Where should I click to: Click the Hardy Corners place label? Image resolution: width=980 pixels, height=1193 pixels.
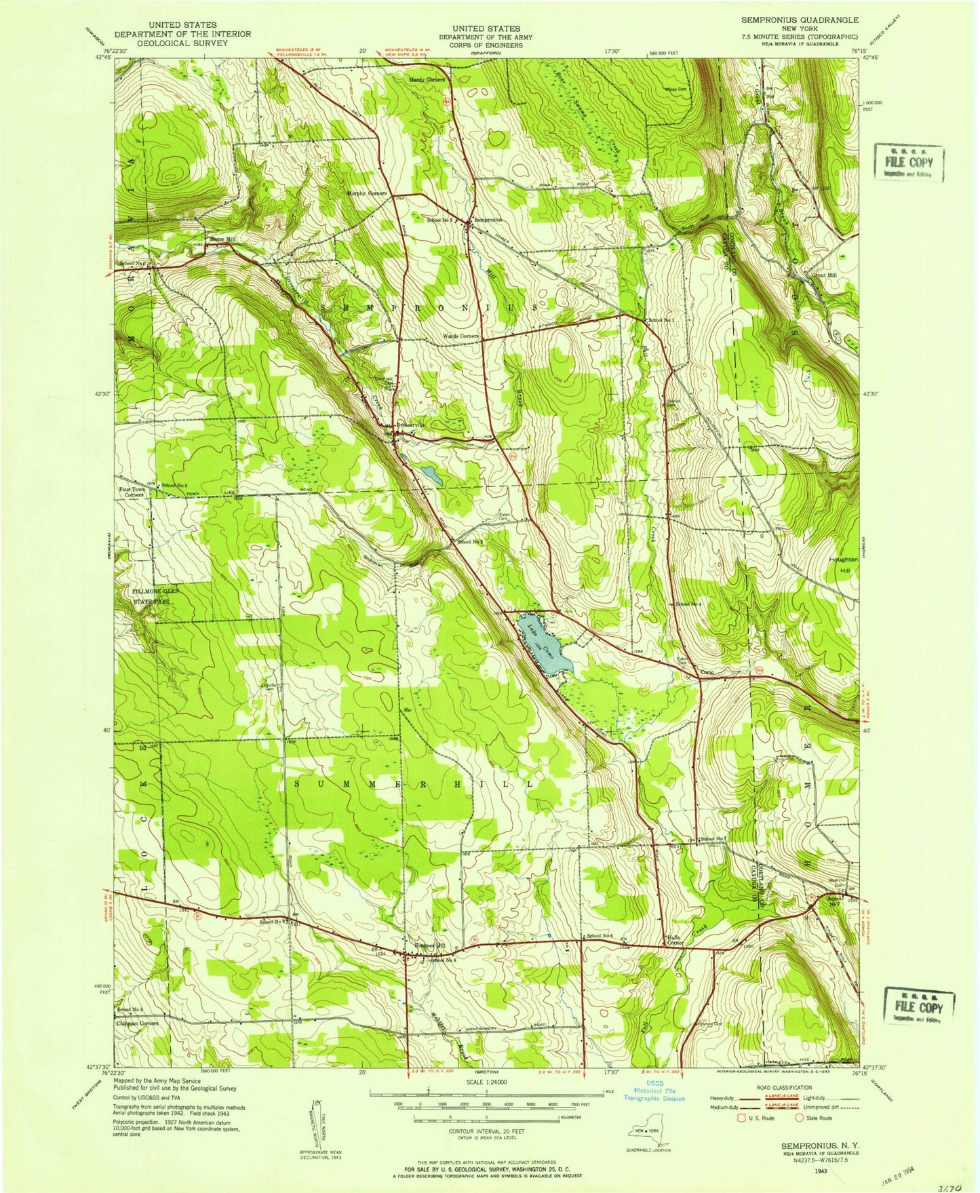point(427,79)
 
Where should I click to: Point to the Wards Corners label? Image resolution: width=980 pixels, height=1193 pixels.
point(461,336)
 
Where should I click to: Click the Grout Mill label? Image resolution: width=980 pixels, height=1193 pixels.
point(824,275)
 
